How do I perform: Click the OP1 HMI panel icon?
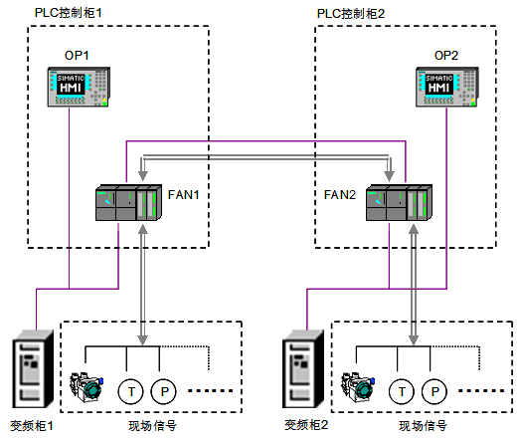coord(79,87)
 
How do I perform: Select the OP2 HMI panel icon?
coord(447,87)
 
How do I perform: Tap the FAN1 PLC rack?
coord(128,202)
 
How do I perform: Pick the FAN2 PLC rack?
coord(399,202)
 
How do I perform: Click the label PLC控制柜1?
coord(69,13)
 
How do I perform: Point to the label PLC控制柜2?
coord(351,14)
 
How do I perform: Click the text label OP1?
coord(77,56)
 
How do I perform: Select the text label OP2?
coord(446,56)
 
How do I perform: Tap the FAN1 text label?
coord(184,195)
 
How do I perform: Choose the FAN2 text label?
coord(340,195)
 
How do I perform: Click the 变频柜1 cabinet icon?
coord(33,368)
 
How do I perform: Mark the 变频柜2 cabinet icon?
coord(303,368)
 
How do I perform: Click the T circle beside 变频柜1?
coord(131,391)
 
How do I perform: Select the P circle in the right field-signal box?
coord(434,391)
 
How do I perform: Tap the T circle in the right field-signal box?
coord(402,391)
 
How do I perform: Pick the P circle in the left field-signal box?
coord(164,391)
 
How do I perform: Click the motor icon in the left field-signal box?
coord(86,387)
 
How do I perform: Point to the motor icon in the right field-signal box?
coord(358,387)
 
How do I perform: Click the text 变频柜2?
coord(306,425)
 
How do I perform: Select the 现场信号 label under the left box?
coord(153,426)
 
